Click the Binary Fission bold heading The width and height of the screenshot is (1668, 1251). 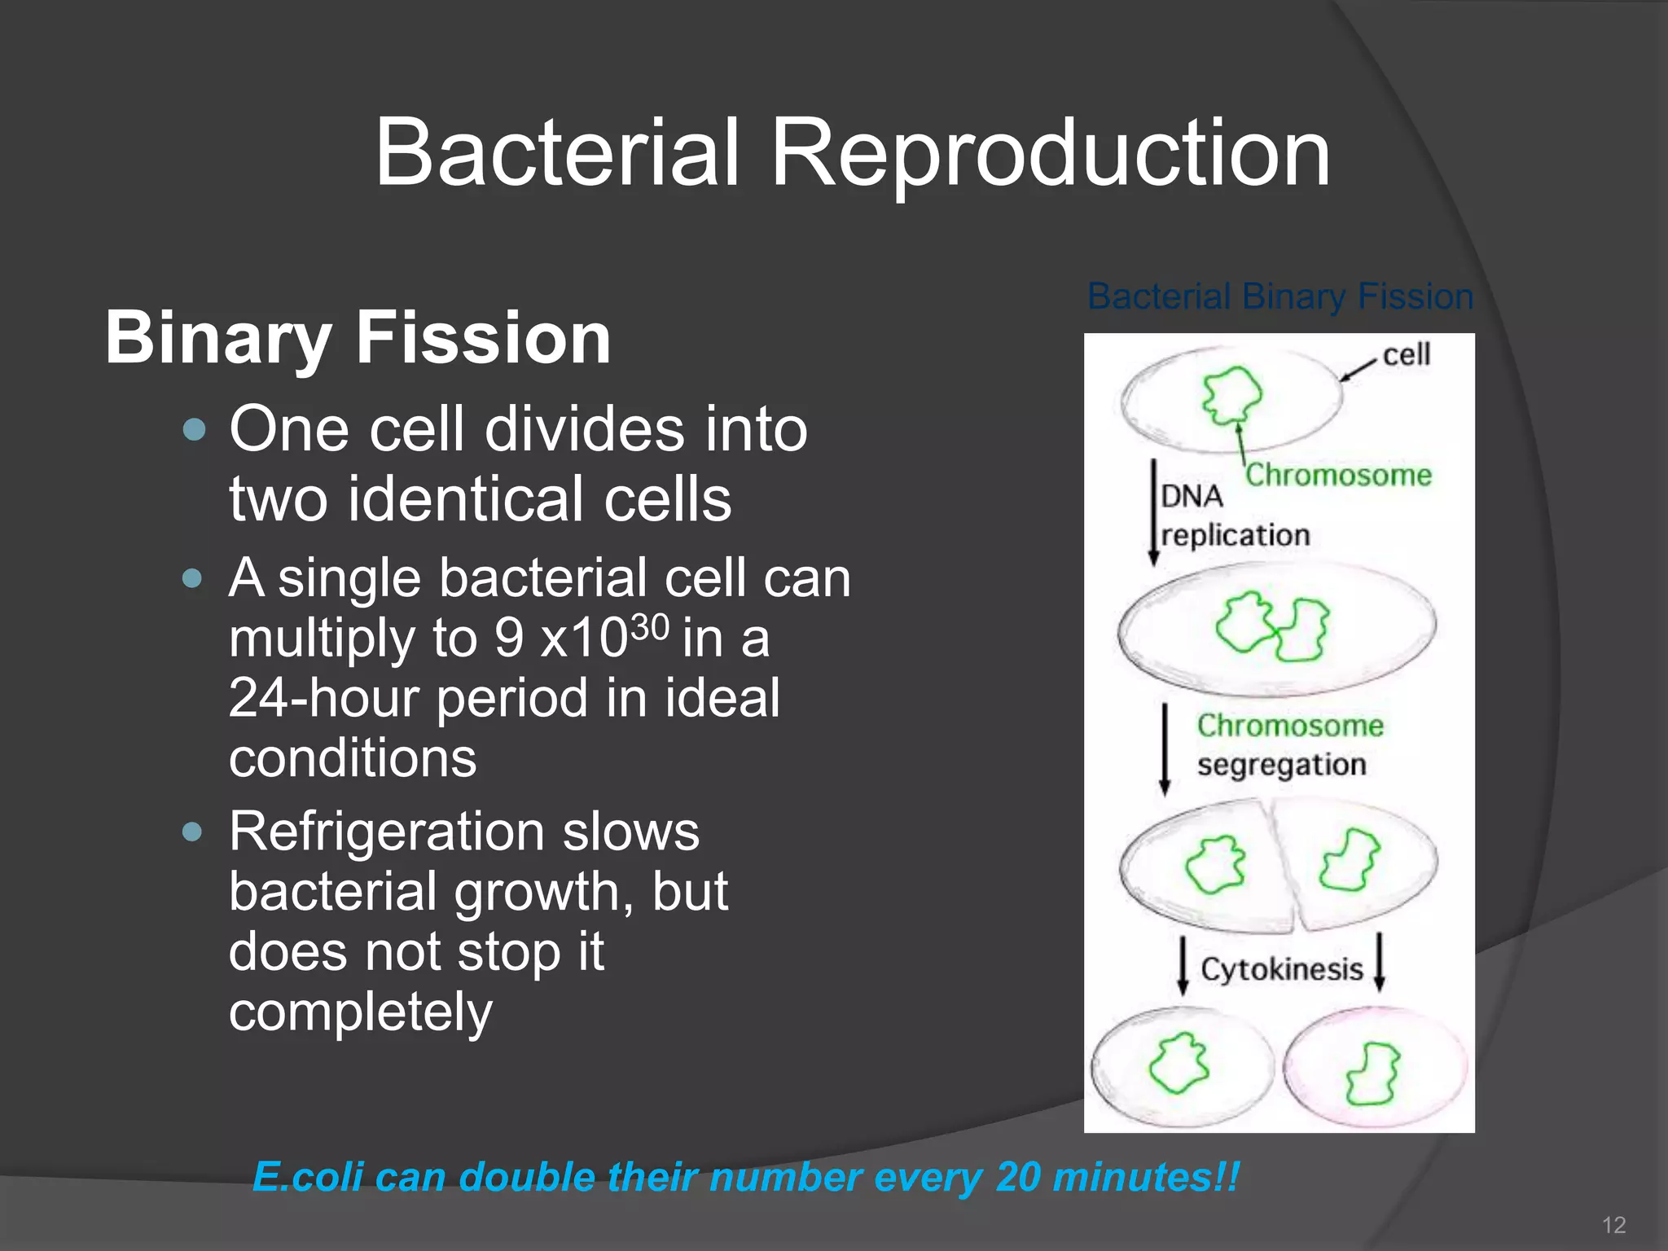click(358, 337)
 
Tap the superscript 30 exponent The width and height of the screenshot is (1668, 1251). click(650, 628)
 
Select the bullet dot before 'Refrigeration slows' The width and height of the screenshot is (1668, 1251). click(193, 832)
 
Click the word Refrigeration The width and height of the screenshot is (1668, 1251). click(386, 832)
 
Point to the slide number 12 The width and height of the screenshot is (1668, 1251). click(1613, 1225)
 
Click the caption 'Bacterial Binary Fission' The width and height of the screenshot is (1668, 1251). click(1280, 296)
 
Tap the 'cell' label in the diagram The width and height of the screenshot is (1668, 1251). click(1407, 355)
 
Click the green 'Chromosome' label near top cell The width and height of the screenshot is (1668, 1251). click(1339, 475)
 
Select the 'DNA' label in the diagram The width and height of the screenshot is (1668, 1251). click(1192, 496)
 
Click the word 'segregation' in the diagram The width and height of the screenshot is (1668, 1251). click(1281, 766)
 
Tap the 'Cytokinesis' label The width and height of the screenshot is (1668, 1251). click(1281, 969)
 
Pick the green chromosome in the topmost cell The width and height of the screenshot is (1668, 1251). click(1232, 394)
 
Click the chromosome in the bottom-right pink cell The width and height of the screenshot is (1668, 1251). click(1372, 1073)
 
